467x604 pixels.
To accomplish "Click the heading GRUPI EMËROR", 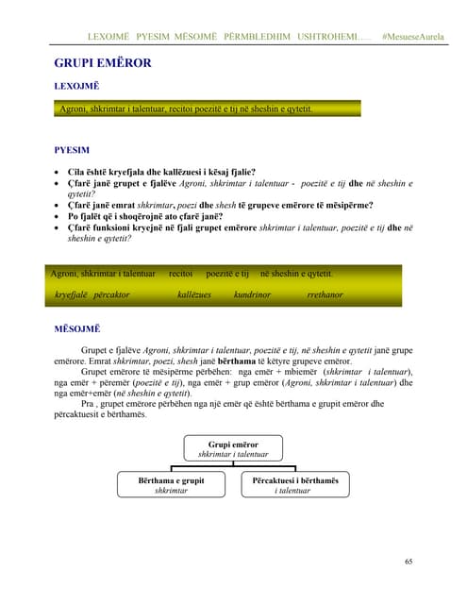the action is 103,63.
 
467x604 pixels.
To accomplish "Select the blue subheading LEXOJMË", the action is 78,87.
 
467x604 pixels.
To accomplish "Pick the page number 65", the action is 408,562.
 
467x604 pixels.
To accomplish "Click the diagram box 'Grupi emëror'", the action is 232,448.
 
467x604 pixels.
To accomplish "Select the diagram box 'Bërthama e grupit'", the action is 171,485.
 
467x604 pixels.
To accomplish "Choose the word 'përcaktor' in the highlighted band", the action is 111,295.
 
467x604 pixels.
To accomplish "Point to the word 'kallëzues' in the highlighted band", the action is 194,295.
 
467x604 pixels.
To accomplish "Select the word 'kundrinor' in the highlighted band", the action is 252,295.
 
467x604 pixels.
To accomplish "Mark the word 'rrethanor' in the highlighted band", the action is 325,295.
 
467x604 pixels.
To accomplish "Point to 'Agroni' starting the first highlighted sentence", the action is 73,110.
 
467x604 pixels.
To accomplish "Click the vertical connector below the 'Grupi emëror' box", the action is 232,464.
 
